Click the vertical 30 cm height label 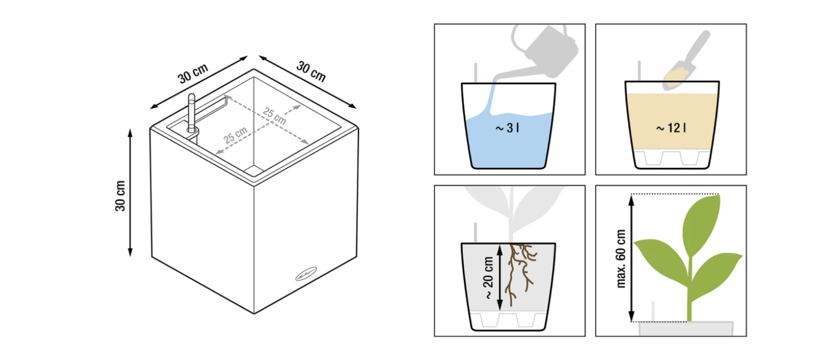tap(120, 196)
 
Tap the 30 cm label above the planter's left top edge tap(192, 73)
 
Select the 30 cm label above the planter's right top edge tap(311, 71)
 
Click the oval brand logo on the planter tap(306, 274)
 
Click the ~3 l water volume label tap(507, 128)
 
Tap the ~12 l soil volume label tap(671, 128)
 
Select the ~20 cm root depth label tap(489, 278)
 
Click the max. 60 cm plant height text tap(621, 258)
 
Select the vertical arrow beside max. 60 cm tap(631, 258)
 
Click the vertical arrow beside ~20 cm tap(500, 278)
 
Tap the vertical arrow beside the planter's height tap(131, 192)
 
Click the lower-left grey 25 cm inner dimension tap(235, 135)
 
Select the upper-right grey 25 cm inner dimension tap(275, 116)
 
